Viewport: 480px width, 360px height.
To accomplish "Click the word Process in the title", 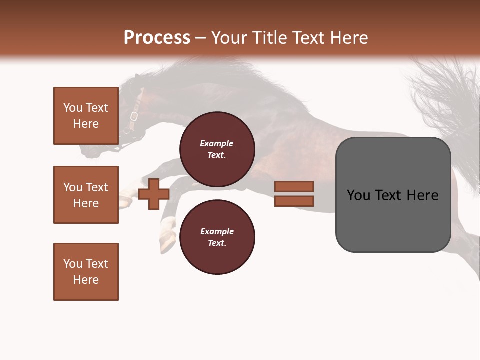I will [x=157, y=38].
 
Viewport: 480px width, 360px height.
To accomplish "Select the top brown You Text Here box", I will [x=86, y=116].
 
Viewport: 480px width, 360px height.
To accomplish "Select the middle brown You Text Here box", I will [x=86, y=195].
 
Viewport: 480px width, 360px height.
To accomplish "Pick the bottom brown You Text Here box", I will [x=86, y=271].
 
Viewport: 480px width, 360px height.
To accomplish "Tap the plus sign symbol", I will [x=154, y=194].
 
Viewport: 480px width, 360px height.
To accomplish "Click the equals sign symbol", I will [x=294, y=194].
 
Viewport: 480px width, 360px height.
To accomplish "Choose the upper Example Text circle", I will [x=217, y=149].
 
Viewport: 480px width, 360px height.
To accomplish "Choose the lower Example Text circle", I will [x=217, y=237].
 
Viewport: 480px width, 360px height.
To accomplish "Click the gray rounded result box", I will [x=393, y=195].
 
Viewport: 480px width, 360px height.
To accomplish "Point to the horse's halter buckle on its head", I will [x=134, y=117].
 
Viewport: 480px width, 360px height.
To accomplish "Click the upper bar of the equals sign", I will [x=294, y=186].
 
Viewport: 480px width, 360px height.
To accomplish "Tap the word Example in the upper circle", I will [x=216, y=143].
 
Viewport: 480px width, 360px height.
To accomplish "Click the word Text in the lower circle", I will [x=216, y=243].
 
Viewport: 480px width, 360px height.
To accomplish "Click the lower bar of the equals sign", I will [x=294, y=201].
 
